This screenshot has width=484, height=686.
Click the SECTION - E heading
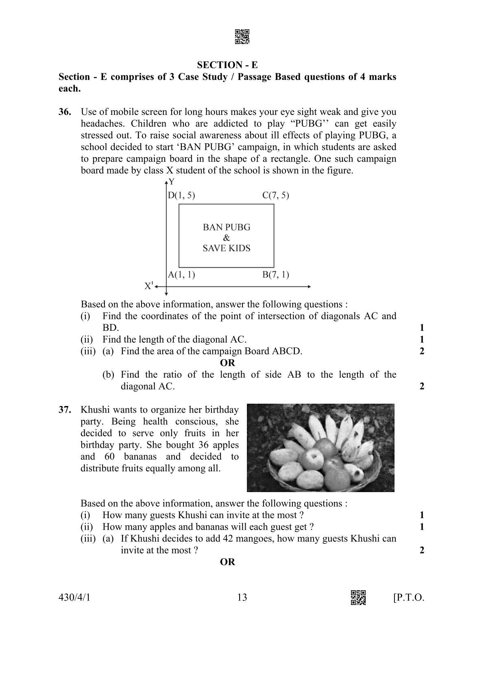[227, 65]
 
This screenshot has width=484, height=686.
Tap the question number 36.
[65, 112]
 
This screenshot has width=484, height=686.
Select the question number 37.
[65, 410]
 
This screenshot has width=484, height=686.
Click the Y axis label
[172, 182]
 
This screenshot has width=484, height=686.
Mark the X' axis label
[149, 286]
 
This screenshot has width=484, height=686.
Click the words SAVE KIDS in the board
[227, 248]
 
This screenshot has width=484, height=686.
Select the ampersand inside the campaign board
[227, 238]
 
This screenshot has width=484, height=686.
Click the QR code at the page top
[242, 37]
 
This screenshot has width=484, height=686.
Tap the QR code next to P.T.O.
[358, 598]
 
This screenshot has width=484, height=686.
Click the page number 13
[242, 598]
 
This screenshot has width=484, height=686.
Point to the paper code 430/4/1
[74, 598]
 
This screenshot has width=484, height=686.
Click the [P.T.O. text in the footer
[408, 598]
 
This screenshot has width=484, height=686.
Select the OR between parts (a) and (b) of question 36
[227, 363]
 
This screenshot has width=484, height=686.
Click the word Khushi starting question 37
[95, 410]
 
